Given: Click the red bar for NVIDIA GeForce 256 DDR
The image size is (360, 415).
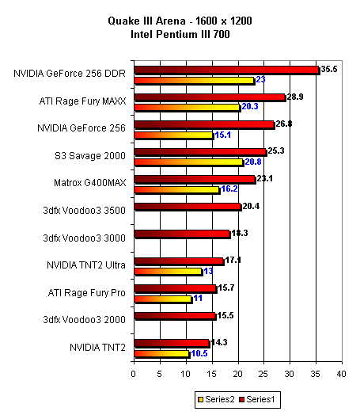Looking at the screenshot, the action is coord(227,70).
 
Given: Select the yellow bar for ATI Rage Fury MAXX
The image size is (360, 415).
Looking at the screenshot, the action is coord(188,108).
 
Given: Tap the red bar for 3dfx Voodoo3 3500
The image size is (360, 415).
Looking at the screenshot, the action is coord(188,207).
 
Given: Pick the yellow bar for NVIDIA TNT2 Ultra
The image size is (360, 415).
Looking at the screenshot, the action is coord(169,272).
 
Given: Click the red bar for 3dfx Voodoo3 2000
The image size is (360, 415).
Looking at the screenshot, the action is coord(175,316).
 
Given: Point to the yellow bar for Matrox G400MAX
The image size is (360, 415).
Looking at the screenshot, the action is coord(177,190).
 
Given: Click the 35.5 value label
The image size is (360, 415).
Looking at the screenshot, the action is coord(329,70).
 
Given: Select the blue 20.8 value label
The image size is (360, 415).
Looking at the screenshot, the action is coord(253,162).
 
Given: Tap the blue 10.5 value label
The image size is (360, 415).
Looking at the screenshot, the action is coord(199,353).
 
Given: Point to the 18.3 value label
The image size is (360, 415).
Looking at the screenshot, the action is coord(240,233).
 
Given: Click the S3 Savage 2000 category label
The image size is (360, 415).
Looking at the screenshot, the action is coord(90,155).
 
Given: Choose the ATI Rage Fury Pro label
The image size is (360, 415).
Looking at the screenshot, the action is coord(87,293).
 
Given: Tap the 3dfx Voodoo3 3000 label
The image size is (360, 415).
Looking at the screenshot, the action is coord(85,238).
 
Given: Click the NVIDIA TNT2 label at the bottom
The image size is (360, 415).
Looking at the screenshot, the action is coord(97,347).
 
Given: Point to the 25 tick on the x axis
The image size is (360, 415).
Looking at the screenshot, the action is coord(263,374).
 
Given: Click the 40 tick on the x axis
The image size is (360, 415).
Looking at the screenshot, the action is coord(341,374).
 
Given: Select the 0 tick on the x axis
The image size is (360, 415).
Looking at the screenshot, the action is coord(134,374).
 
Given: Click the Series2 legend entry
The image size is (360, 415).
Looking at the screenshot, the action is coord(216,399).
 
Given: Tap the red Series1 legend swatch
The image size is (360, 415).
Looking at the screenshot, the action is coord(241,400).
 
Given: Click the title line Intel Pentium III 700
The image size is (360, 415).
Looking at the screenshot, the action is coord(180,34).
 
